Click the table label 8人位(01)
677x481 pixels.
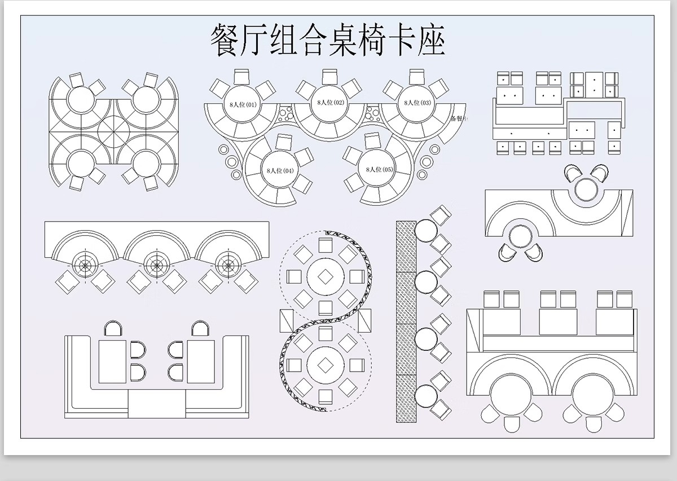[x=243, y=104]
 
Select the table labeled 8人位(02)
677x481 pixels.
[x=331, y=103]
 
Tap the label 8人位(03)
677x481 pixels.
[x=417, y=103]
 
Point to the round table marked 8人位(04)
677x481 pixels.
[x=280, y=170]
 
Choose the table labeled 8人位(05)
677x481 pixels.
[x=380, y=169]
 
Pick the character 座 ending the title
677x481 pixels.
[x=432, y=41]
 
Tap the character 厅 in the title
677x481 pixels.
[x=254, y=41]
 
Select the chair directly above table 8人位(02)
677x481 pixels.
[x=330, y=77]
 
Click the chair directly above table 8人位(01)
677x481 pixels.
[x=243, y=77]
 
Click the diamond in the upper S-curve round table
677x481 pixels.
[x=326, y=277]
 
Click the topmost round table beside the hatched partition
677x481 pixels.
[x=426, y=231]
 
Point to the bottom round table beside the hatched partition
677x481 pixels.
[x=426, y=395]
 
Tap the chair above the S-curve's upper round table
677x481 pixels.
[x=326, y=245]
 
